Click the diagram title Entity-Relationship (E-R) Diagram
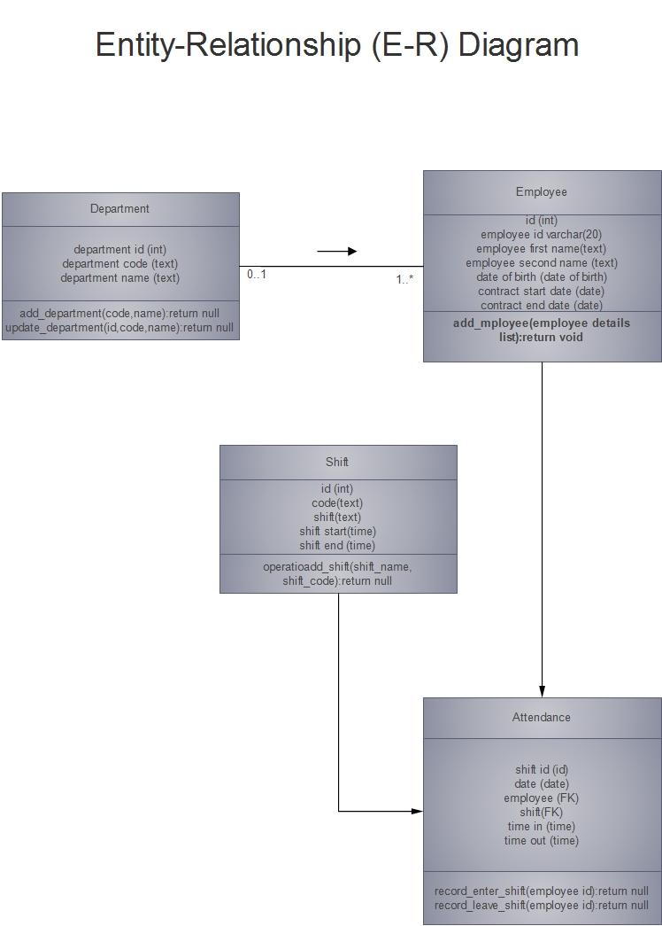point(336,44)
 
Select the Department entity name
point(119,209)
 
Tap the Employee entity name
point(542,192)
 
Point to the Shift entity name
point(337,463)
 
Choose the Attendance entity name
point(542,718)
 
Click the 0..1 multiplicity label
point(257,275)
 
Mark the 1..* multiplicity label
point(404,280)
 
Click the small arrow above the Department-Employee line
point(337,252)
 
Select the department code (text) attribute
point(119,264)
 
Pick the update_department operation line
point(119,328)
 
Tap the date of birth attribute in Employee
point(542,277)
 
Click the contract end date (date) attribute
point(542,306)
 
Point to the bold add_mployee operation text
point(542,331)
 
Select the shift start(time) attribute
point(337,532)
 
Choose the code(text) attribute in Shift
point(337,503)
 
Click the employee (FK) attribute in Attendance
point(542,798)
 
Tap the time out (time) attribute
point(542,841)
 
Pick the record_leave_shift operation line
point(542,906)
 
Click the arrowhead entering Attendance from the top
point(543,691)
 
